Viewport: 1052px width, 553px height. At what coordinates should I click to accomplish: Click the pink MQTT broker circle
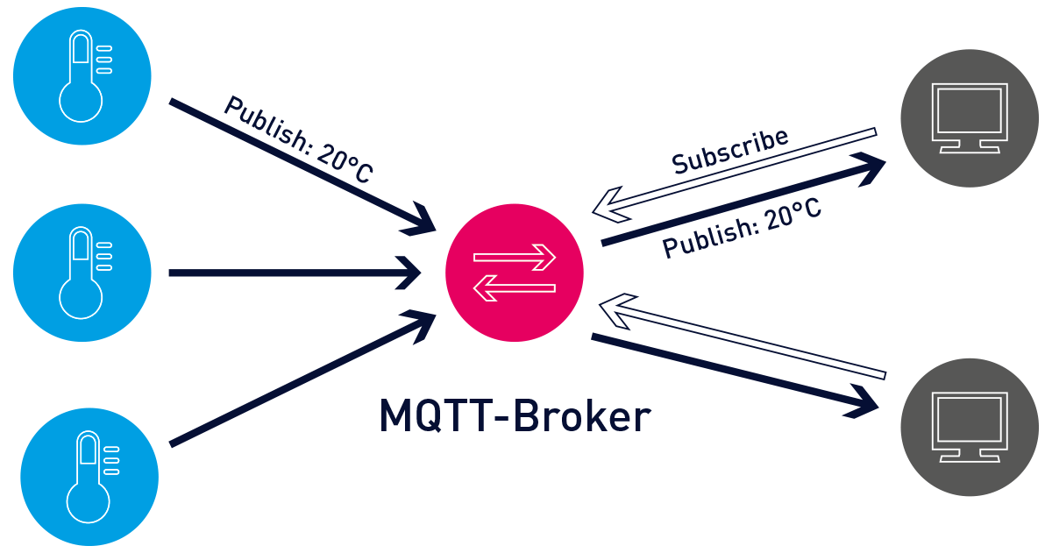pyautogui.click(x=514, y=273)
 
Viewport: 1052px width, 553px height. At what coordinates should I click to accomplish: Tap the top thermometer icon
pyautogui.click(x=82, y=75)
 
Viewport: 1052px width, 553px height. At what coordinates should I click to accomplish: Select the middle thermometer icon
pyautogui.click(x=82, y=273)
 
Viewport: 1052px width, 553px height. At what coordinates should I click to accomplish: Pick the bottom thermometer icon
pyautogui.click(x=89, y=477)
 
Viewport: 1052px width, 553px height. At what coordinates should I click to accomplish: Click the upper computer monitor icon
pyautogui.click(x=970, y=117)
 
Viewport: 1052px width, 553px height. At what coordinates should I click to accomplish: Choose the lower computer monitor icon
pyautogui.click(x=970, y=428)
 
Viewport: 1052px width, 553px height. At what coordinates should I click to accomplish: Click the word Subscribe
pyautogui.click(x=730, y=150)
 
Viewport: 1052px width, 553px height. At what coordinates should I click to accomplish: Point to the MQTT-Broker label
pyautogui.click(x=515, y=416)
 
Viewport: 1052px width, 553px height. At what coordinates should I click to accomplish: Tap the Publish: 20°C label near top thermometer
pyautogui.click(x=298, y=139)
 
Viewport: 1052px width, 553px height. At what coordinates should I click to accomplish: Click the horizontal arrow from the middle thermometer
pyautogui.click(x=289, y=273)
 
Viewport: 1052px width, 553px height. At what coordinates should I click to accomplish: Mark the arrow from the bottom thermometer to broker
pyautogui.click(x=298, y=382)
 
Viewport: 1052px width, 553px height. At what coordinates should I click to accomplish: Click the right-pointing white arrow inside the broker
pyautogui.click(x=515, y=258)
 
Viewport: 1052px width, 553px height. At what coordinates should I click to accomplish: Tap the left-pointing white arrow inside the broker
pyautogui.click(x=515, y=287)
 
